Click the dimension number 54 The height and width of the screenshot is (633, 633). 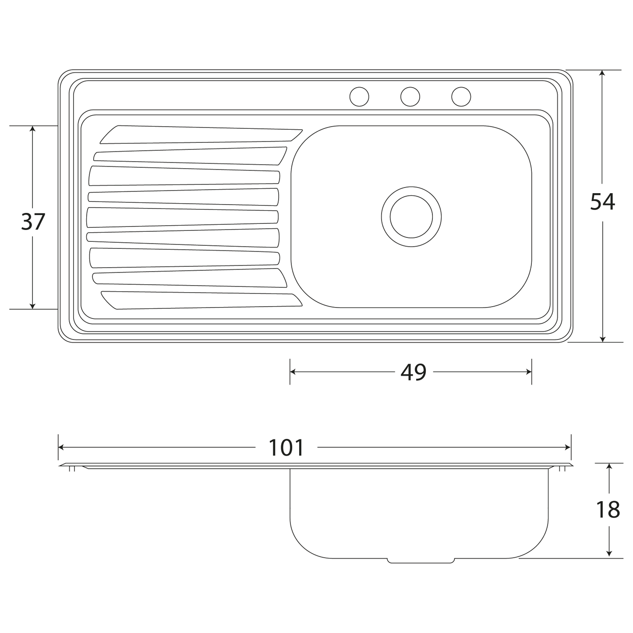click(x=602, y=202)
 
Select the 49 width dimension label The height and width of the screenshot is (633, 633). click(x=413, y=372)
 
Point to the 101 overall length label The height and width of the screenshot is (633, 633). click(x=286, y=447)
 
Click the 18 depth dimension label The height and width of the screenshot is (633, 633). click(x=608, y=510)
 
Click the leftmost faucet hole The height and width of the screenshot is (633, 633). click(x=359, y=96)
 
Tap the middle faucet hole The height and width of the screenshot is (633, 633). click(x=410, y=96)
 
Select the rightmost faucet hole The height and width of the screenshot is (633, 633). click(x=461, y=96)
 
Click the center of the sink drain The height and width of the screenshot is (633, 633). click(x=411, y=216)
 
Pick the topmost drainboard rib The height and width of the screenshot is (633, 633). click(x=201, y=134)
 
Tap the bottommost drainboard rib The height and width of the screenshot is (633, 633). click(x=201, y=300)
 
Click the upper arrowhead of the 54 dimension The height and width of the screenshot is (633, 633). click(x=602, y=73)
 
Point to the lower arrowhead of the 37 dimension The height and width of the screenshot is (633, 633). click(x=32, y=306)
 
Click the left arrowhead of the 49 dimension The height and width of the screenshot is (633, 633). click(x=293, y=372)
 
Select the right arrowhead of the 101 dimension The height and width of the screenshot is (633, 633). click(x=568, y=447)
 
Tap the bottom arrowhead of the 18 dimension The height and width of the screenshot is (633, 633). click(x=609, y=555)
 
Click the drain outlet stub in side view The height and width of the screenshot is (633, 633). click(x=421, y=561)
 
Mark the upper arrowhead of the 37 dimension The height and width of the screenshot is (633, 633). click(x=32, y=129)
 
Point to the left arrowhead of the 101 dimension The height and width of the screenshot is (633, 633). click(x=61, y=447)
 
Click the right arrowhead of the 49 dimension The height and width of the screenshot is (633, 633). click(x=529, y=372)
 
